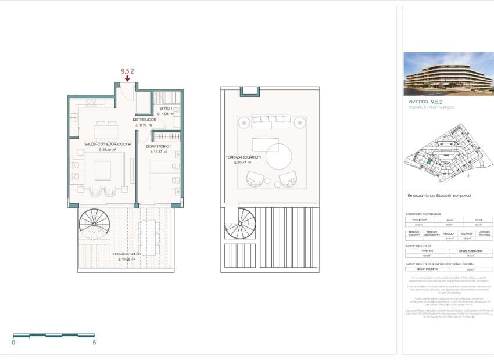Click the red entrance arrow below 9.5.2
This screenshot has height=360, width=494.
coord(127,78)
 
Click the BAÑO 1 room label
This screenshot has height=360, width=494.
coord(165,109)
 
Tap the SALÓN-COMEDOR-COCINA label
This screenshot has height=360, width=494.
coord(108,143)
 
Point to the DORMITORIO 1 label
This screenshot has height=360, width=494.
coord(158,146)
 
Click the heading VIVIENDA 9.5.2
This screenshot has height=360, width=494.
coord(426,101)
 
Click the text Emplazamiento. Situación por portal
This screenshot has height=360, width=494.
coord(439,195)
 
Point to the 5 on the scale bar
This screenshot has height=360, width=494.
coord(94,343)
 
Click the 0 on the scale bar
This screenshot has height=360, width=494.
coord(13,343)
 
